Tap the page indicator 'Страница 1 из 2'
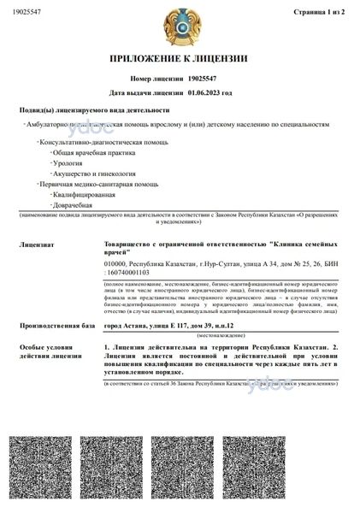318,14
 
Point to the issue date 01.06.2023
204,91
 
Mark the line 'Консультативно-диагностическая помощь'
94,139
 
